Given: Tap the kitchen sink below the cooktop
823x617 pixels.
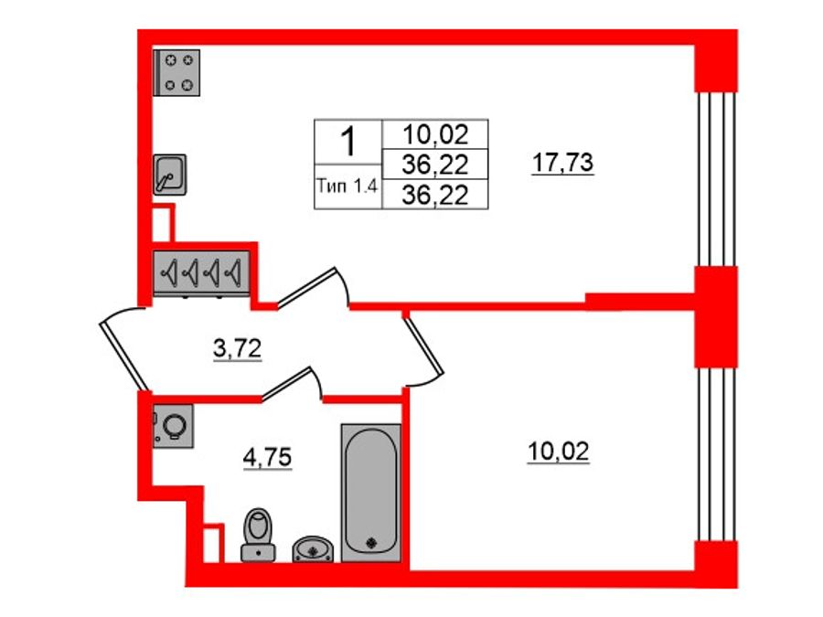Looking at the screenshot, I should (x=170, y=174).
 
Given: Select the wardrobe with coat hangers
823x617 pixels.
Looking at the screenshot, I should (x=201, y=272).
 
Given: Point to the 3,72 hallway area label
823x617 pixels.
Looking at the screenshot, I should (x=238, y=348).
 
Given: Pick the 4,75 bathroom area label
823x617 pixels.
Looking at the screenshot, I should (x=267, y=457).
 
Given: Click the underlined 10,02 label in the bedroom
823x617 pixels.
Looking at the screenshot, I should (x=558, y=452).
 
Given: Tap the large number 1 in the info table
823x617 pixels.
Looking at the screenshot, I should (x=347, y=143).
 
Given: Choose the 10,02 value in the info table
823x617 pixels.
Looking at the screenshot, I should (x=435, y=136).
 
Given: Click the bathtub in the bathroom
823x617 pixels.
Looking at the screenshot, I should (x=370, y=492).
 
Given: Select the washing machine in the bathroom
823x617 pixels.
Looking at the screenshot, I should (x=174, y=426).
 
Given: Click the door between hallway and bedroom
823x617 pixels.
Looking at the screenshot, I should (x=424, y=346).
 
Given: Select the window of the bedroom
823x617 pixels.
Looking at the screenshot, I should (x=716, y=455).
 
